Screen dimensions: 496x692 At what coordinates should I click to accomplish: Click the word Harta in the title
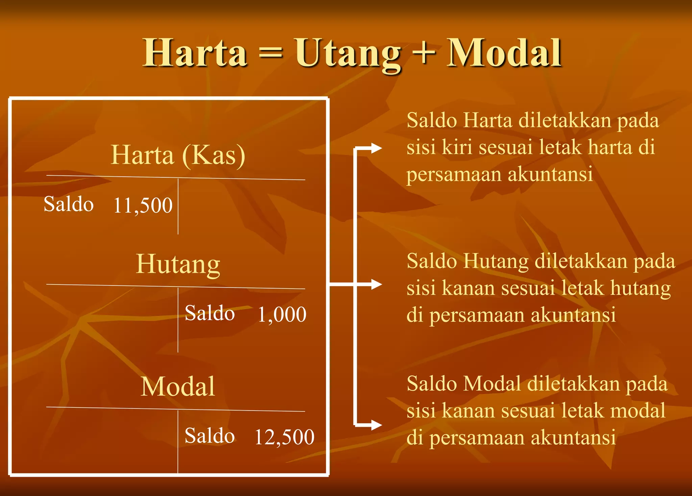195,53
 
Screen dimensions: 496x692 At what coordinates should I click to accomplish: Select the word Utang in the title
348,54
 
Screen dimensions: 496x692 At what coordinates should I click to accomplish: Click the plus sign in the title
424,53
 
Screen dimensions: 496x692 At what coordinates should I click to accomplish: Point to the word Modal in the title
504,53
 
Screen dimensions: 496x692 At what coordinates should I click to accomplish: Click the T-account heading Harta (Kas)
178,155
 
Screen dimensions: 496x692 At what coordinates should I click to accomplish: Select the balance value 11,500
143,205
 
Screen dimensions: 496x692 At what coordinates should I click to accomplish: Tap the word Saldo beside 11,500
69,204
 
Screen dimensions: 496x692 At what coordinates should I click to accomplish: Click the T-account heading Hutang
178,264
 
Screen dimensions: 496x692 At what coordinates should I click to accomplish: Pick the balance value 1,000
282,315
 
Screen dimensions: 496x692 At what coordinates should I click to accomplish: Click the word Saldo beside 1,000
209,313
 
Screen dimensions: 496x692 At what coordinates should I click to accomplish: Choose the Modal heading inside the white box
178,387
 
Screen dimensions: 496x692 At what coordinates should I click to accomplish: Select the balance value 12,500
284,437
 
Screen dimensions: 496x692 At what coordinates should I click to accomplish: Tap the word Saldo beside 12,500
209,436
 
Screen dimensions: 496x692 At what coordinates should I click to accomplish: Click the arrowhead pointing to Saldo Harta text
376,148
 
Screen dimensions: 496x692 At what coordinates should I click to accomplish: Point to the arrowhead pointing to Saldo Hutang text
376,284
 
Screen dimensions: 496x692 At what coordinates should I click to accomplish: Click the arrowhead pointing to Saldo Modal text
376,425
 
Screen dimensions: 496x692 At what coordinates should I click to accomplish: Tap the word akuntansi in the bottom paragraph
573,438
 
